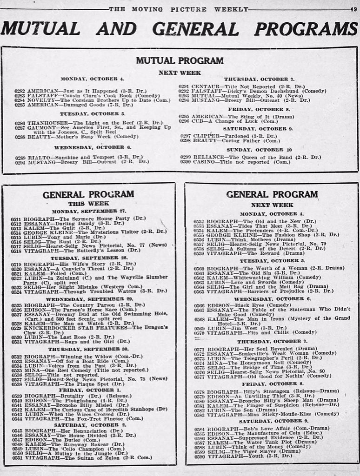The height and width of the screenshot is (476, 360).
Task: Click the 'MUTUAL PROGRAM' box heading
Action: pos(180,60)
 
